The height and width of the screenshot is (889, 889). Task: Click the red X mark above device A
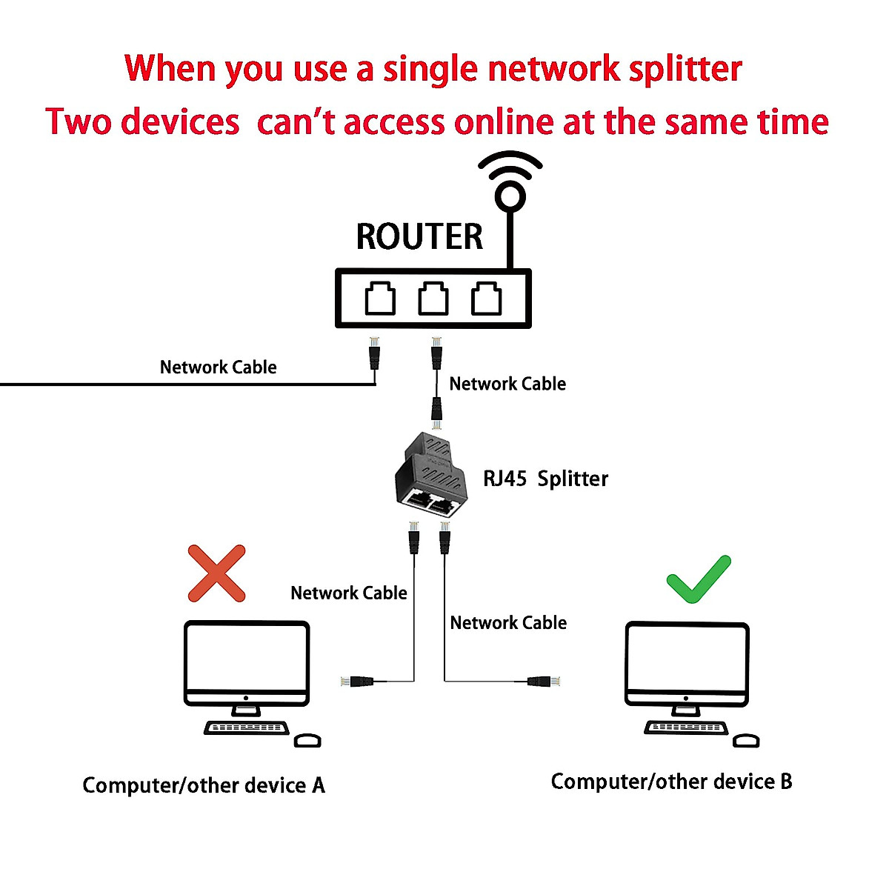tap(216, 573)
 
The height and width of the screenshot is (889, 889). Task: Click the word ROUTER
tap(419, 237)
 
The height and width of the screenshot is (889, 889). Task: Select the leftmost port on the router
tap(380, 299)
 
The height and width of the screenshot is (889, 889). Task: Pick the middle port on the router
tap(433, 299)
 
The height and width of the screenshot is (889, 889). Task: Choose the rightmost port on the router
tap(487, 299)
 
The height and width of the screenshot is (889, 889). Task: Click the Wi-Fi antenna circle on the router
tap(510, 196)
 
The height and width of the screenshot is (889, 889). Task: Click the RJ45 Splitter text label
tap(545, 479)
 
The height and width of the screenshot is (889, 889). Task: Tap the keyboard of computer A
tap(247, 728)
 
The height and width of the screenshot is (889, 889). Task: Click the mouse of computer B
tap(746, 741)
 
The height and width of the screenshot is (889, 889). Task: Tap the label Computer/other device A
tap(204, 785)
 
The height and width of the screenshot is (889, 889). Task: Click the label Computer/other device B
tap(671, 782)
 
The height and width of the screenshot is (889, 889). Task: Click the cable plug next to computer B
tap(543, 681)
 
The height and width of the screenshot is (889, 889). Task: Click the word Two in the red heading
tap(79, 121)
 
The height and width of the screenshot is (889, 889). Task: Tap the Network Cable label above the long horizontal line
tap(218, 367)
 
